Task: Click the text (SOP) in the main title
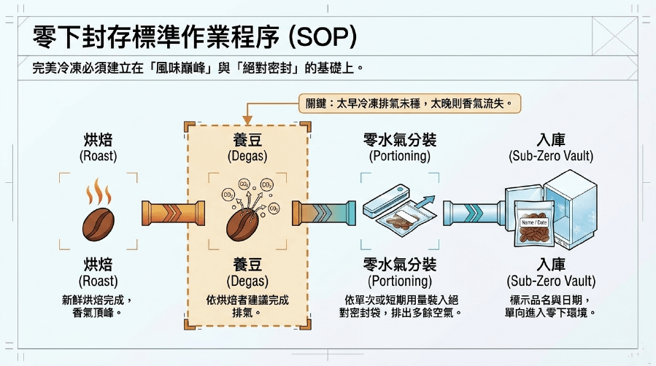323,36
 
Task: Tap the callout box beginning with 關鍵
409,104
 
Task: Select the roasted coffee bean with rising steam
99,224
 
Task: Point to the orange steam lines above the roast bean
99,192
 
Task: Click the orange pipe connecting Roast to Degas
173,213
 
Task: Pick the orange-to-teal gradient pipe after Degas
324,213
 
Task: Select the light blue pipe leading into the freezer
475,213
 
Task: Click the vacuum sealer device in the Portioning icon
385,201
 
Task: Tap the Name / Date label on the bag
534,222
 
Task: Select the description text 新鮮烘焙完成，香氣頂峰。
98,306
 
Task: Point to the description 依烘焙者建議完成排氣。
247,306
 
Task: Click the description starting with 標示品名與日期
551,306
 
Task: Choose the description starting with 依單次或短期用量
400,306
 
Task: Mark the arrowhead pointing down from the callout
247,120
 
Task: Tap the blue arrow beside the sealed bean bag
425,201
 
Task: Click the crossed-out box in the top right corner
615,36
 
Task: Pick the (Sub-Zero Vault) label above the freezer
551,156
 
